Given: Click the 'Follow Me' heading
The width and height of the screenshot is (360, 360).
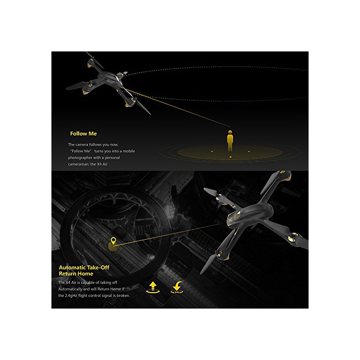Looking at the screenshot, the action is coord(83,134).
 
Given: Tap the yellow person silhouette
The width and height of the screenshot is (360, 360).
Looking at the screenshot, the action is coord(230,141).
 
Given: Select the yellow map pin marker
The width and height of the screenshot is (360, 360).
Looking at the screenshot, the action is coord(113,241).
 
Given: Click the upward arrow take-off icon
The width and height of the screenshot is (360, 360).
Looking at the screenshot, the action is coord(153,287).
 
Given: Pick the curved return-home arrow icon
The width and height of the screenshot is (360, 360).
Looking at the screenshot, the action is coord(177,287).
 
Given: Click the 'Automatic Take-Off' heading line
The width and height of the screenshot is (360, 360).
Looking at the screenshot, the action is coord(84,267).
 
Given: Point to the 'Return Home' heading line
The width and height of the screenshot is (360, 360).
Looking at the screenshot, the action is coord(76,274).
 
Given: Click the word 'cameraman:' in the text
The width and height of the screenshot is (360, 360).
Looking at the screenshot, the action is coord(79,164).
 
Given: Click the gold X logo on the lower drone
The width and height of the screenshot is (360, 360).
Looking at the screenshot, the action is coord(230,220).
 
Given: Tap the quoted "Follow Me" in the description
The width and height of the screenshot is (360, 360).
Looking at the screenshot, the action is coord(81,151).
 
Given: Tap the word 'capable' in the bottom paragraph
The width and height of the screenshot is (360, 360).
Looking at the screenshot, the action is coord(88,283).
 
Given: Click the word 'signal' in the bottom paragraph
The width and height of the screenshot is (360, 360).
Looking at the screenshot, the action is coord(106,296).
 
